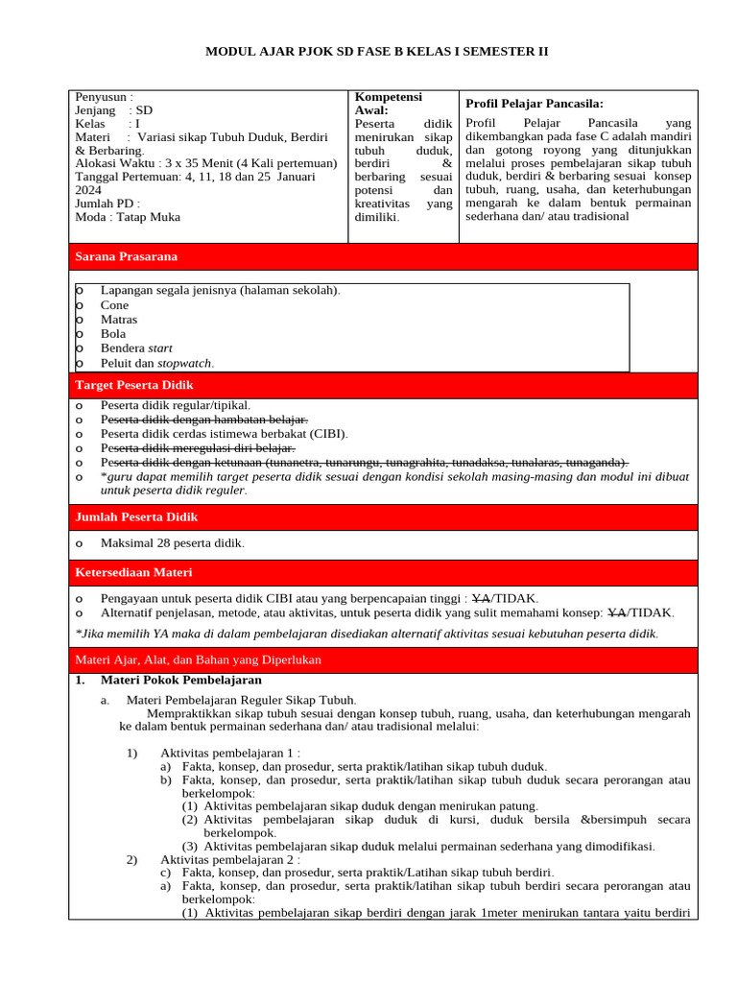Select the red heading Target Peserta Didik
coord(134,385)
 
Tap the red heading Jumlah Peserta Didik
coord(136,517)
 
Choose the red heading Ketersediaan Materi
coord(133,572)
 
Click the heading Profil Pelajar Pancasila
coord(534,104)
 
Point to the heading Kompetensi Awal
coord(388,104)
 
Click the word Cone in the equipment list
coord(114,305)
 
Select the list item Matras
coord(119,320)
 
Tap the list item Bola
coord(113,334)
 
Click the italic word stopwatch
coord(184,363)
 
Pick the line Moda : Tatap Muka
coord(128,217)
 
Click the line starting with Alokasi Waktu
coord(205,164)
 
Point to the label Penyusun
coord(104,97)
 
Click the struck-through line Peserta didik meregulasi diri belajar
coord(198,448)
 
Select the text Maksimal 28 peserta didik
coord(172,543)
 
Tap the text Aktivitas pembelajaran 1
coord(230,753)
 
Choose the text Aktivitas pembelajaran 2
coord(230,859)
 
